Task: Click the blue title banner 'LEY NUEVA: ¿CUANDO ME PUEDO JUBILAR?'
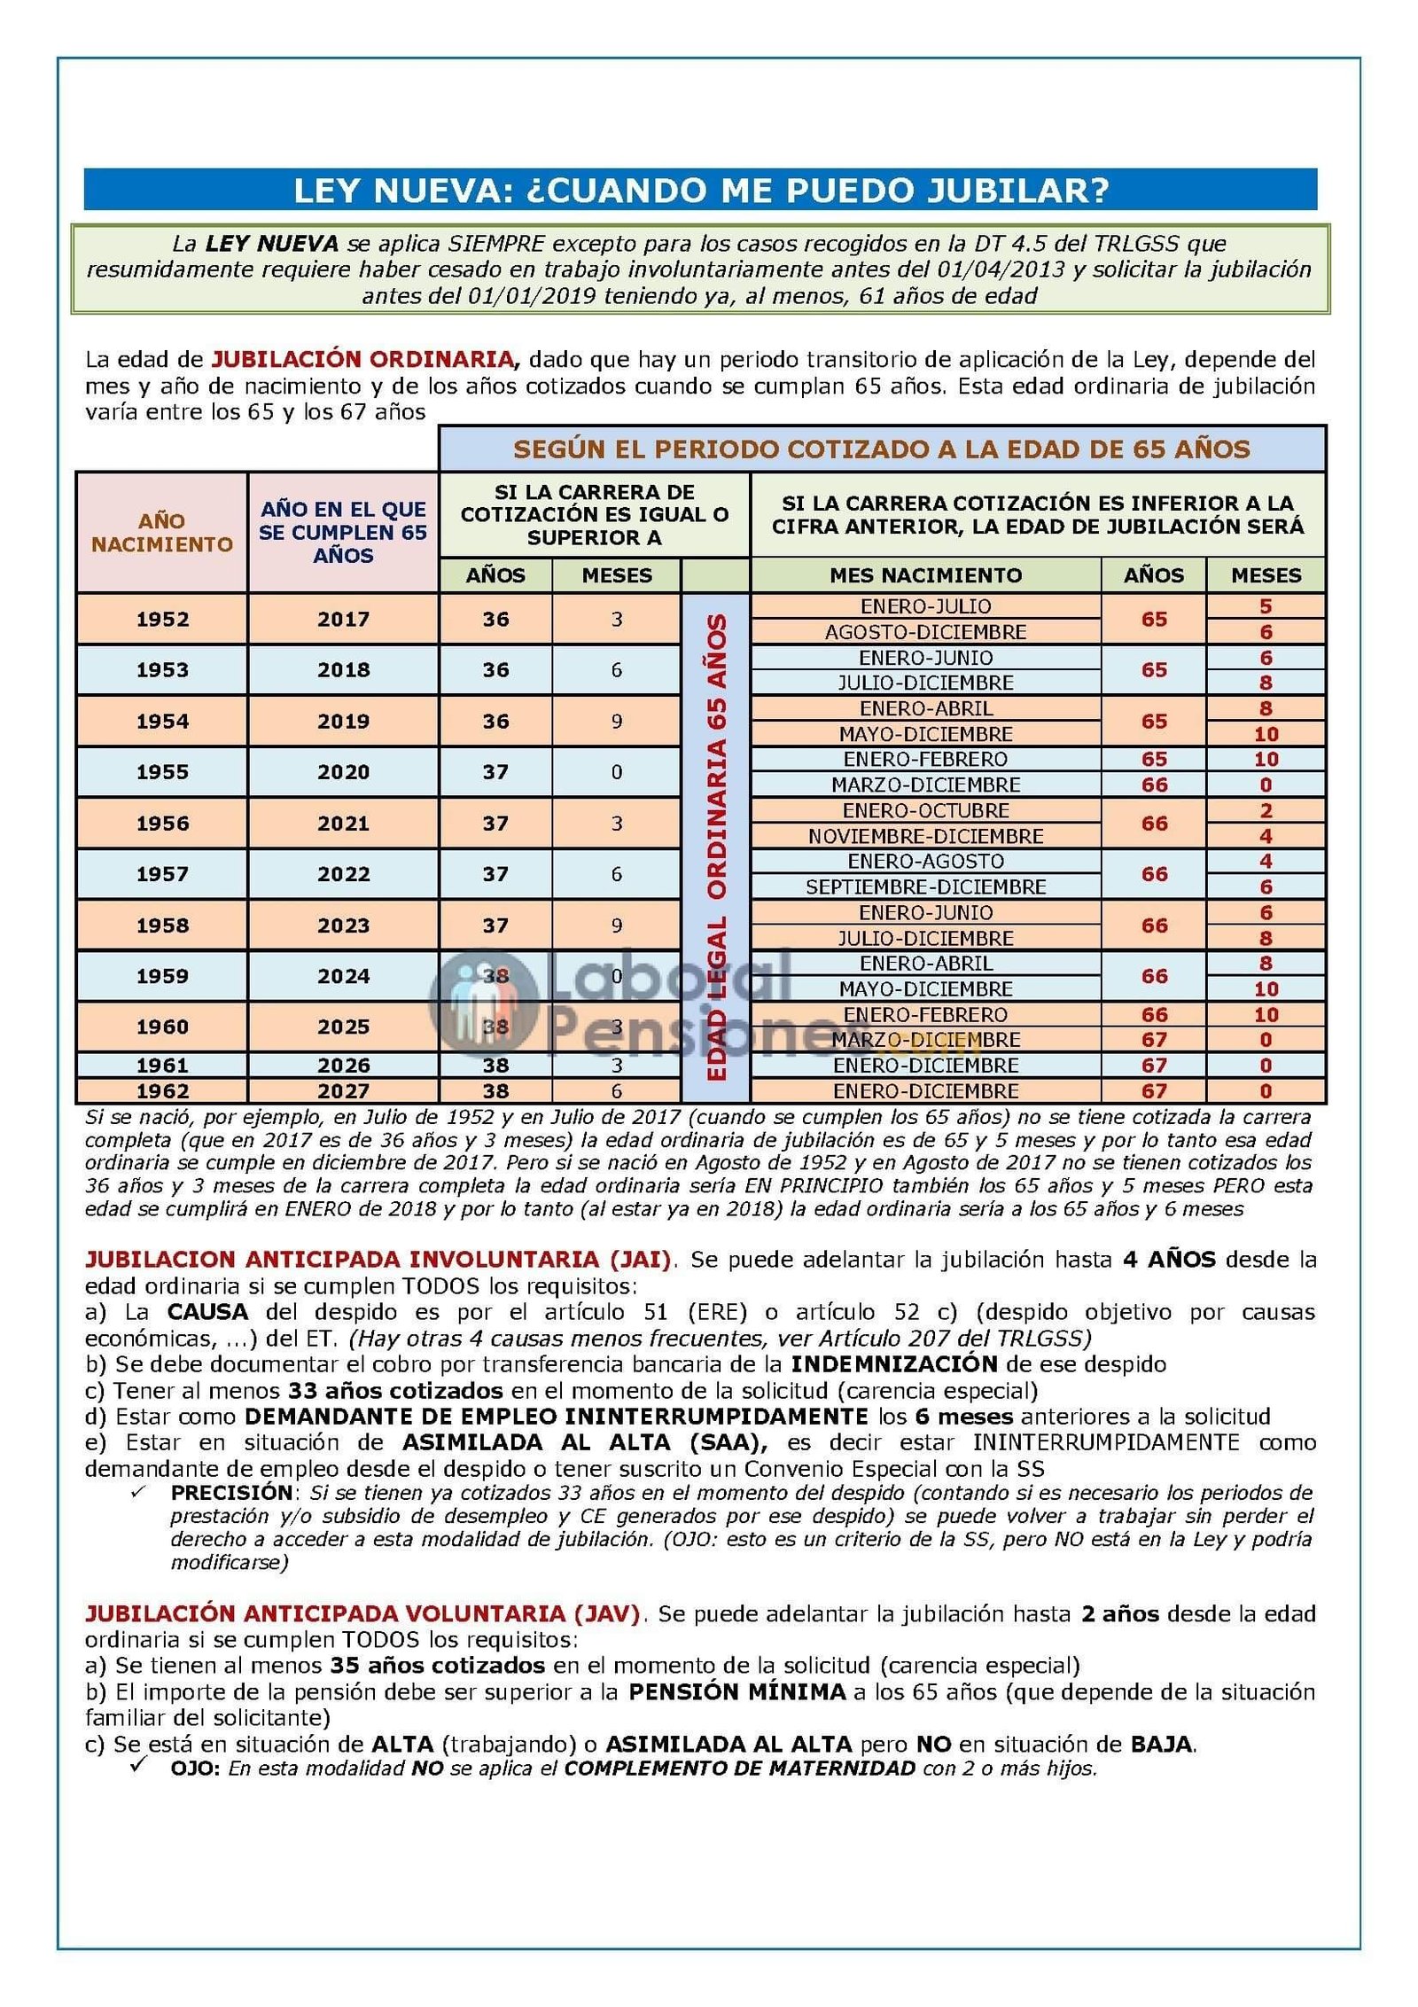(x=700, y=190)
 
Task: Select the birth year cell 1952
(x=162, y=619)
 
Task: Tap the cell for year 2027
(x=343, y=1090)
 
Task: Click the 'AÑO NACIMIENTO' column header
(x=162, y=532)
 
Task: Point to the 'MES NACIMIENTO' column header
(x=925, y=575)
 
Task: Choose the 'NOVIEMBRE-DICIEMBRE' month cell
(x=925, y=836)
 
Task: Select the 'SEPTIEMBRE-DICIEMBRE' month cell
(x=925, y=886)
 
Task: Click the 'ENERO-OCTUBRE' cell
(x=925, y=810)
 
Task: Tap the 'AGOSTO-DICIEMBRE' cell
(x=925, y=632)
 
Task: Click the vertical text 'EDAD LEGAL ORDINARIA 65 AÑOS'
(x=716, y=847)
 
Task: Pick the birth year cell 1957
(x=162, y=874)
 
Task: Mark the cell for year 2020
(x=343, y=772)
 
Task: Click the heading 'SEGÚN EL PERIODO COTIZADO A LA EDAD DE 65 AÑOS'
(x=882, y=449)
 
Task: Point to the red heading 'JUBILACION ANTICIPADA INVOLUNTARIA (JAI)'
(x=378, y=1259)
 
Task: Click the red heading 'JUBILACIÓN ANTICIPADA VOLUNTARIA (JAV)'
(x=362, y=1613)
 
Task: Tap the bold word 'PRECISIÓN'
(x=231, y=1493)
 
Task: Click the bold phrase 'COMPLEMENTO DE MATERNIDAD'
(x=740, y=1769)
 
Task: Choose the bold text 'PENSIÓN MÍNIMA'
(x=736, y=1691)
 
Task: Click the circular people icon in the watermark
(x=484, y=1002)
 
